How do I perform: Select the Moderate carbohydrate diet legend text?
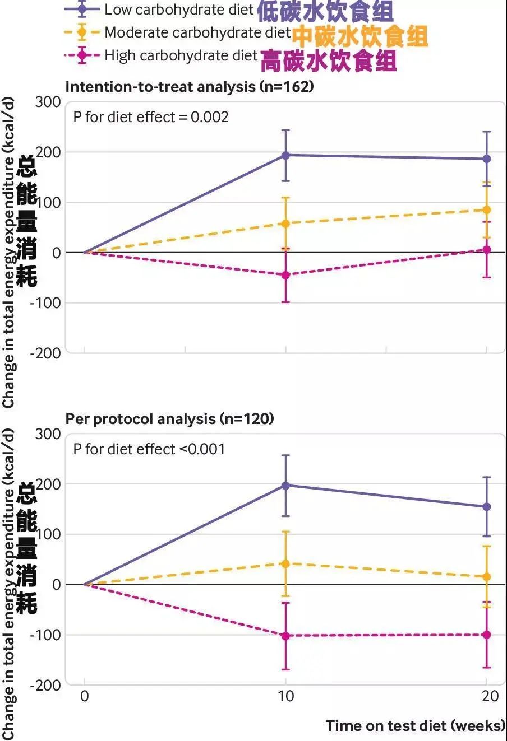(197, 32)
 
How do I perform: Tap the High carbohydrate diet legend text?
(181, 55)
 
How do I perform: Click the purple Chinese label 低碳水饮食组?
(325, 11)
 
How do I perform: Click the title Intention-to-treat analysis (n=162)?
(190, 86)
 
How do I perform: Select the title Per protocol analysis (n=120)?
(169, 418)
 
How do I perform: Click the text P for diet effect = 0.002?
(151, 116)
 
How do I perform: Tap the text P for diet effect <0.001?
(149, 449)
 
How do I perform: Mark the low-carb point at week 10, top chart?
(285, 155)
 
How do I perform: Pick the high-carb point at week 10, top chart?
(285, 275)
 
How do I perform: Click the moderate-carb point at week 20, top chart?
(486, 210)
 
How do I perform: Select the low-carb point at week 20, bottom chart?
(486, 507)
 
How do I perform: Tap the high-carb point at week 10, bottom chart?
(285, 636)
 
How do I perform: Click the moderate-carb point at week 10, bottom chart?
(285, 563)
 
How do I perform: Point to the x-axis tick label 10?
(285, 696)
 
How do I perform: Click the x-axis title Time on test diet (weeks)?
(415, 725)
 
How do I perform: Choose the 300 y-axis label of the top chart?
(48, 102)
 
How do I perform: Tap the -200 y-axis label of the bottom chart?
(45, 685)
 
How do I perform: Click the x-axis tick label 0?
(85, 696)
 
